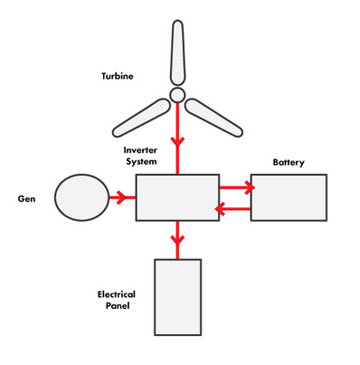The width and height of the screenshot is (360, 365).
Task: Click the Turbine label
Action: click(118, 76)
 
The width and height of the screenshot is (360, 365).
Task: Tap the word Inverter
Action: click(140, 150)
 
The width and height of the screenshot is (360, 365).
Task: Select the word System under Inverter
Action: click(141, 161)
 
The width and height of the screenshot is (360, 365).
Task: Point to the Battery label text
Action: click(289, 162)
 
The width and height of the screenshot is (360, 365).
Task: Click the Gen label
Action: click(26, 199)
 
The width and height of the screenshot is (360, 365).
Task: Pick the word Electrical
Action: click(117, 294)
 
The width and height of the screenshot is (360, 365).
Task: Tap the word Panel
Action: click(118, 306)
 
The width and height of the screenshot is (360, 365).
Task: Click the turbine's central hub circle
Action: click(177, 95)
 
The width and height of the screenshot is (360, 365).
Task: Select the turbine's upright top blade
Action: click(177, 53)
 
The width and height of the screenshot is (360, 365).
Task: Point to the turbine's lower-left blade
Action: click(141, 118)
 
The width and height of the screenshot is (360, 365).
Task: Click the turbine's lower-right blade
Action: click(213, 118)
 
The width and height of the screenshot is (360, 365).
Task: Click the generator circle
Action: click(81, 197)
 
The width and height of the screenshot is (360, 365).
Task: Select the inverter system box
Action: click(177, 197)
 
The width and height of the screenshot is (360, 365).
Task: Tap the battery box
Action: click(289, 197)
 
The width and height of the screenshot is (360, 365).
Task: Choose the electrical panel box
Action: click(178, 297)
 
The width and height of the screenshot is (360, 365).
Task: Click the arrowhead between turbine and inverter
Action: click(177, 142)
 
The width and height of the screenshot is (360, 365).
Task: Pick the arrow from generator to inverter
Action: click(122, 197)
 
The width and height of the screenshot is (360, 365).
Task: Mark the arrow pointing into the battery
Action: click(237, 187)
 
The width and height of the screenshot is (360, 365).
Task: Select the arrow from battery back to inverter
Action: click(232, 209)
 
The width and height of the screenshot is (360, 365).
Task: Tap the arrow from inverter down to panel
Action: click(177, 240)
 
